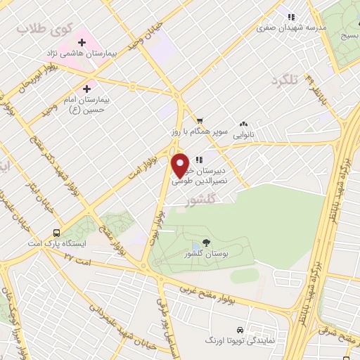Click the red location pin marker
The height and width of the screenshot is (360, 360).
click(181, 165)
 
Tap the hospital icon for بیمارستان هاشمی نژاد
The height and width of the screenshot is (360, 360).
click(82, 43)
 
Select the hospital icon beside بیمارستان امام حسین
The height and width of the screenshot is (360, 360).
click(87, 89)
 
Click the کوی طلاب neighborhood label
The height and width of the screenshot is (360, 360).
click(32, 29)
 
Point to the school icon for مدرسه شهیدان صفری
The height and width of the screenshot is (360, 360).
click(289, 18)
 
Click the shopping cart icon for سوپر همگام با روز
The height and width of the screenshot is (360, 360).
click(200, 120)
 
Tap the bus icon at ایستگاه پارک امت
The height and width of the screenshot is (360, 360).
click(56, 233)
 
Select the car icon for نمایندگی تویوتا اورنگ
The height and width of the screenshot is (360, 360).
click(240, 330)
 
